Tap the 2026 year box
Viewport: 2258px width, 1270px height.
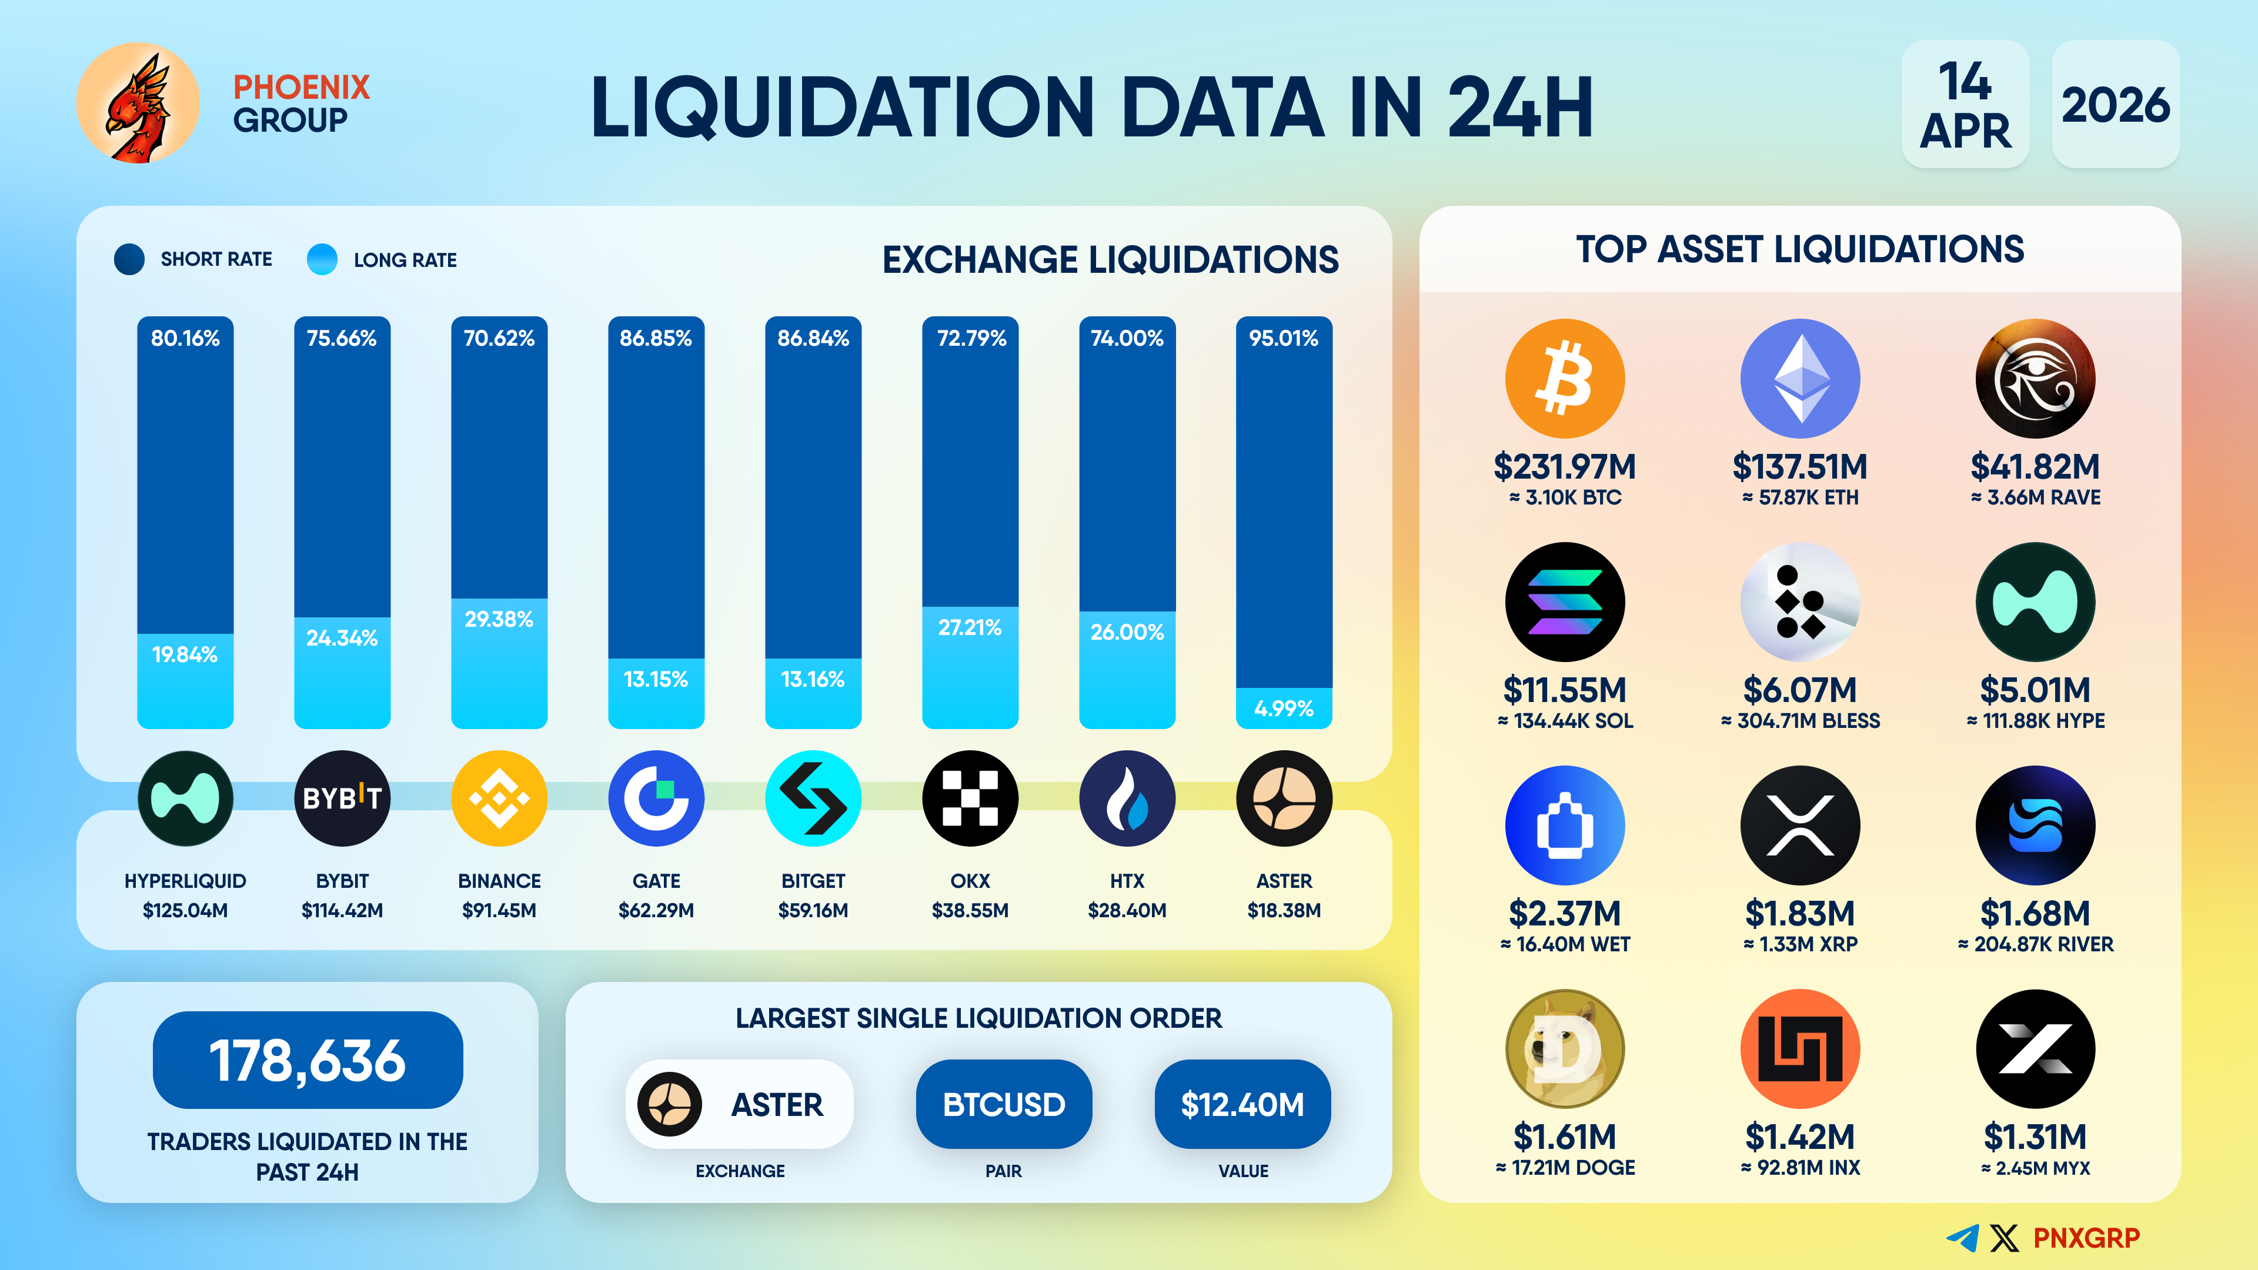click(x=2115, y=104)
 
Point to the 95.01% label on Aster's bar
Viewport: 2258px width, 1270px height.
click(x=1283, y=338)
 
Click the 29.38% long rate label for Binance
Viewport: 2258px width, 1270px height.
click(x=499, y=620)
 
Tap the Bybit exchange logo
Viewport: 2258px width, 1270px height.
click(x=342, y=798)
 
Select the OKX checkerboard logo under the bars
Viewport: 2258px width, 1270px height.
click(x=970, y=798)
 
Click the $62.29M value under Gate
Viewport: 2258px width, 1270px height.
click(x=656, y=911)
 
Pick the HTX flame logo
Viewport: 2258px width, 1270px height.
click(x=1127, y=798)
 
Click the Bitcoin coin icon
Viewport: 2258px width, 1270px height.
click(x=1565, y=379)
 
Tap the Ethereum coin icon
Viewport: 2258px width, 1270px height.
click(x=1799, y=379)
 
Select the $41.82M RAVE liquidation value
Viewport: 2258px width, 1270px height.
click(x=2035, y=466)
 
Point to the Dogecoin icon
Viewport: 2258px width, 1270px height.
click(x=1565, y=1049)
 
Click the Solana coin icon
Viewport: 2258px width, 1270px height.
click(x=1565, y=602)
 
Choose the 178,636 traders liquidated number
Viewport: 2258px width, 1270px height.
click(x=308, y=1060)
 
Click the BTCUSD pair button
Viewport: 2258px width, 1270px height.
click(x=1004, y=1104)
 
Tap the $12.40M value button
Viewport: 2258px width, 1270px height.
click(x=1242, y=1104)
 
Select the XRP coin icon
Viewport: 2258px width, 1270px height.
click(x=1799, y=825)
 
